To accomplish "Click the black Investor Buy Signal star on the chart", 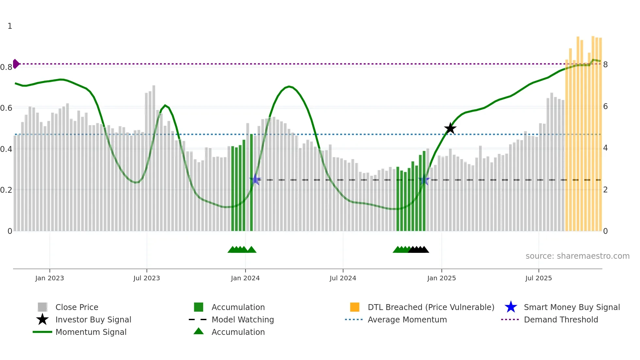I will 450,128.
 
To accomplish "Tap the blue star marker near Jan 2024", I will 255,179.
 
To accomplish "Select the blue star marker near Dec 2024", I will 424,180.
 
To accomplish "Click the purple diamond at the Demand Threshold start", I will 16,64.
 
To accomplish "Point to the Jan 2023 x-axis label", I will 50,278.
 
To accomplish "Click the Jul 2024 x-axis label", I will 343,278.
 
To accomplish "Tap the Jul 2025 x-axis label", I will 538,278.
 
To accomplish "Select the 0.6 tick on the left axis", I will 6,108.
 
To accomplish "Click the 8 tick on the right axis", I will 605,65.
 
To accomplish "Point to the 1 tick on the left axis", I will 10,26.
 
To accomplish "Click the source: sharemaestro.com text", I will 577,256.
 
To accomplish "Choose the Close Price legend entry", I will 77,307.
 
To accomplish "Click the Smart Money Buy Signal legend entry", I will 571,307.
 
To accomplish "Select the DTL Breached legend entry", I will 431,307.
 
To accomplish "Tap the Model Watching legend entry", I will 242,319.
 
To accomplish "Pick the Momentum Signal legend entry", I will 91,332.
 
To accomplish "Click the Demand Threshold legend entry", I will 561,319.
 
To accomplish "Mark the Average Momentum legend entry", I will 407,319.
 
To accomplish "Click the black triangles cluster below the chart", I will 418,250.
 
